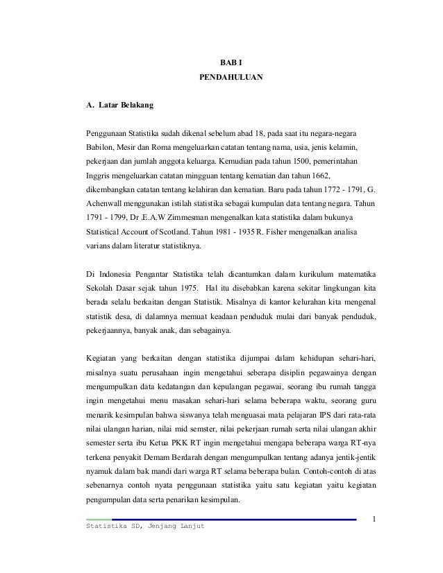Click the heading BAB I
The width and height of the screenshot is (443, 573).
tap(231, 64)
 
